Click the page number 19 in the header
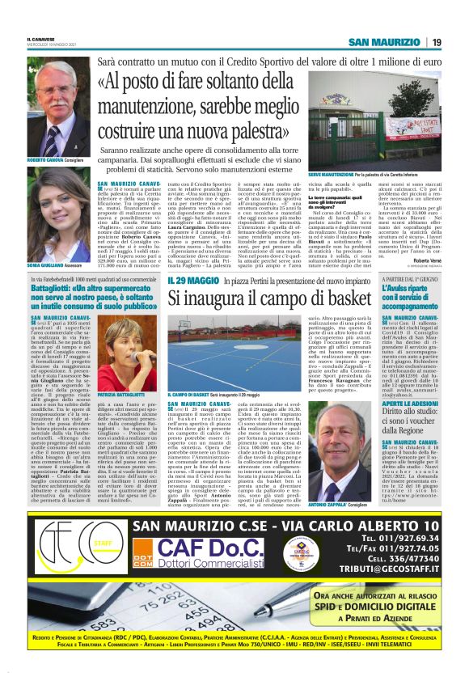[x=436, y=42]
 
